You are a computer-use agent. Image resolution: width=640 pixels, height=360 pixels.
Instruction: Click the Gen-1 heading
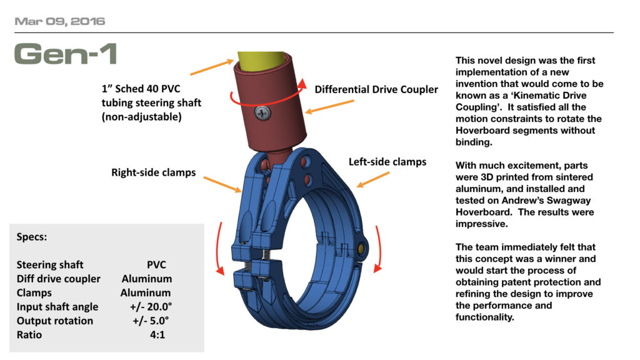click(65, 54)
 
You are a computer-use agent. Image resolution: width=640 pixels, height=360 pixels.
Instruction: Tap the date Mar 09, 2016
click(59, 21)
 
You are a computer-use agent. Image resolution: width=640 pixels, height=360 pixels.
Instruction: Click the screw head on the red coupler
click(261, 112)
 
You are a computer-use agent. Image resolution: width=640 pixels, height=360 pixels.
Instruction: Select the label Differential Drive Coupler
click(376, 89)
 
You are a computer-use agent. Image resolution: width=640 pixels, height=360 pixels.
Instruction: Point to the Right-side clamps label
click(153, 172)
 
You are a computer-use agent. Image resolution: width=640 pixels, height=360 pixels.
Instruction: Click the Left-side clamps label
click(387, 162)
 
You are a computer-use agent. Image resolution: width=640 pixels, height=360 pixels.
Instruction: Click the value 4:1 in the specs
click(156, 335)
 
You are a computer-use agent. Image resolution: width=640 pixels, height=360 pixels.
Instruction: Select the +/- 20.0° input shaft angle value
click(146, 307)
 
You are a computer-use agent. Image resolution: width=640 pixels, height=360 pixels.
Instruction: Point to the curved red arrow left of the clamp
click(220, 247)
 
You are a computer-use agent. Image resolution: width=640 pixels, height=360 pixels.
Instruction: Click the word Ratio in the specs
click(30, 335)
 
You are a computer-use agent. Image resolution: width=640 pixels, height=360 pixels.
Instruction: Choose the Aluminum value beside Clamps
click(145, 292)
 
